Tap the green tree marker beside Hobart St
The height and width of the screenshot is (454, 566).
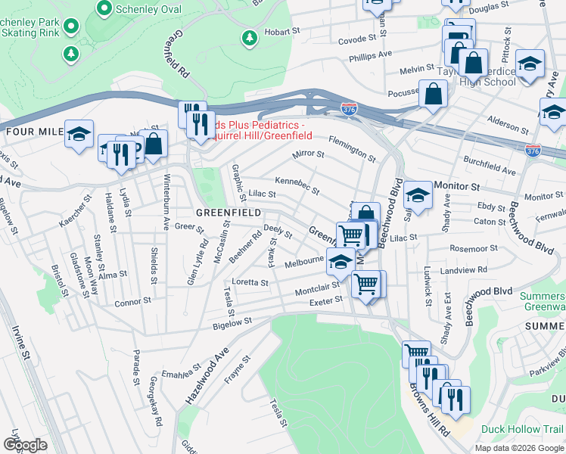[x=248, y=37]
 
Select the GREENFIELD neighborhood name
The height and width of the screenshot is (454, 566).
[x=229, y=213]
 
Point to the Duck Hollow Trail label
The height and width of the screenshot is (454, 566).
[x=523, y=429]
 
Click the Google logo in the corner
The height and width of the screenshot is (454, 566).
[x=25, y=445]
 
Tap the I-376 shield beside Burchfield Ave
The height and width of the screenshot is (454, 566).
[x=533, y=151]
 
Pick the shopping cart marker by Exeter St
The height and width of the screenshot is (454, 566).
[x=365, y=285]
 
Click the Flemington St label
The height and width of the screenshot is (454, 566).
[x=352, y=148]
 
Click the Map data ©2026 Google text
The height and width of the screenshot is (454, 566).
[x=518, y=448]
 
